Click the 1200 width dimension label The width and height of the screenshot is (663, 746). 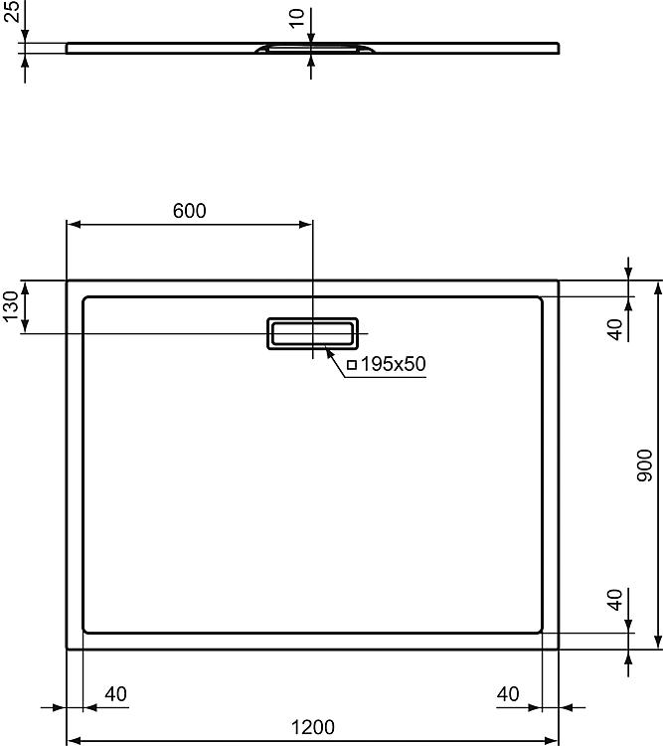point(312,727)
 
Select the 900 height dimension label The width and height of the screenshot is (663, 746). point(645,466)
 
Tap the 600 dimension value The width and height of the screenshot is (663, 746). point(189,211)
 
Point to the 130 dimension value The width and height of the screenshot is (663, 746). point(10,307)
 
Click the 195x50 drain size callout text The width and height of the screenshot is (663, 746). point(393,364)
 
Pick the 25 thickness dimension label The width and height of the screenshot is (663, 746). point(11,11)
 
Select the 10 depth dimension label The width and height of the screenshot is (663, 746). point(297,19)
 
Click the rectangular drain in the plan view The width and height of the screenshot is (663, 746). point(312,333)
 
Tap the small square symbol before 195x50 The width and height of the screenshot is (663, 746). point(352,365)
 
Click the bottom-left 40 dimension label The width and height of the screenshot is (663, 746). point(115,694)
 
